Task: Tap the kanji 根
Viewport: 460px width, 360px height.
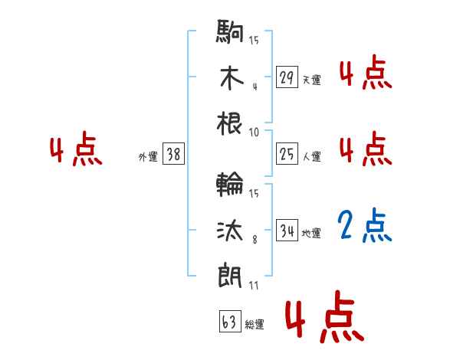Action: (x=230, y=123)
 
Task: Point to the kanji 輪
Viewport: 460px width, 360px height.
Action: (x=230, y=185)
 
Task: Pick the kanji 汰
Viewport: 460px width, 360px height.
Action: (x=230, y=229)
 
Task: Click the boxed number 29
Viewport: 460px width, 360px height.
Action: (x=287, y=77)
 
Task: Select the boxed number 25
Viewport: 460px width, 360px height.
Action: (x=287, y=154)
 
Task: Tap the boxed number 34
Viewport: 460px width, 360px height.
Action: (x=287, y=230)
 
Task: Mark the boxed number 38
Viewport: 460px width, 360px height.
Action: (x=173, y=154)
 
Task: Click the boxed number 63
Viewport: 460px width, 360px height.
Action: (x=229, y=322)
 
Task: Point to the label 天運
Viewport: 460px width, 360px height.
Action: (x=311, y=80)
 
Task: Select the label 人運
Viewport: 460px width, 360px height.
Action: (x=311, y=157)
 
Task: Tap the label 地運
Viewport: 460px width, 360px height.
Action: (x=311, y=233)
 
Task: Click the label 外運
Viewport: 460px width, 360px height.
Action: (x=148, y=157)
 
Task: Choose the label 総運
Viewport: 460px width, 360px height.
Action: (x=255, y=325)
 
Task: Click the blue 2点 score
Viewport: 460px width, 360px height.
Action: (x=365, y=226)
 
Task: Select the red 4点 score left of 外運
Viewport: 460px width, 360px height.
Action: (x=76, y=151)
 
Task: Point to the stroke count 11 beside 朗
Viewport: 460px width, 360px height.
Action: (x=254, y=286)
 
